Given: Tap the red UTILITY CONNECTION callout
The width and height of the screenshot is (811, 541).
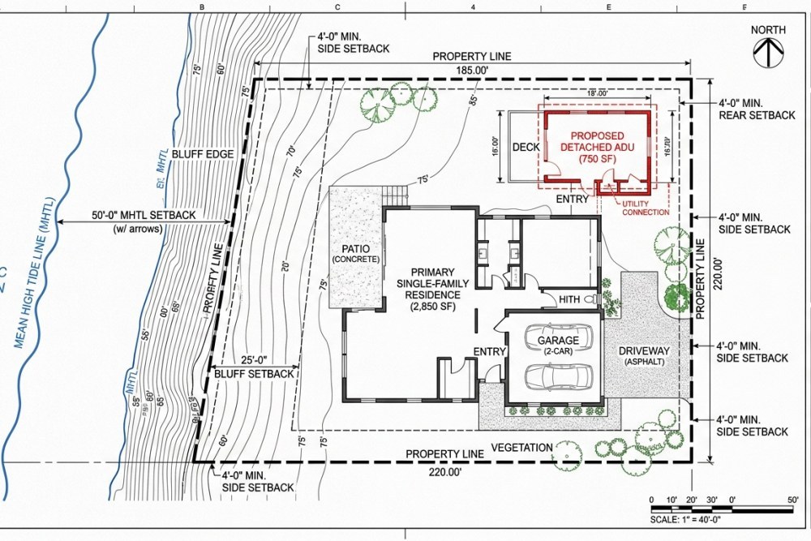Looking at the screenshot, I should tap(645, 208).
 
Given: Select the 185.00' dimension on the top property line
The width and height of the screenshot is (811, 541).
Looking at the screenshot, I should tap(471, 71).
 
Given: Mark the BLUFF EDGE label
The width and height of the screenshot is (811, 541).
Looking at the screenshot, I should tap(208, 153).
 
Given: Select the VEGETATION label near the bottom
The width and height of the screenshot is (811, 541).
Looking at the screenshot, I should tap(522, 447).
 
